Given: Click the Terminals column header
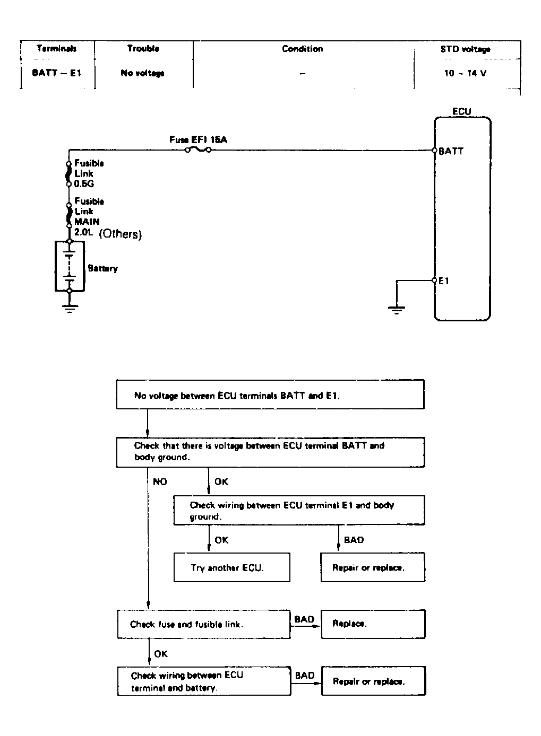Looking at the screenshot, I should pyautogui.click(x=57, y=49).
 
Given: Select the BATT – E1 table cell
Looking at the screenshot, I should pyautogui.click(x=57, y=73).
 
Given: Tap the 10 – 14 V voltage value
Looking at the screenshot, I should pyautogui.click(x=465, y=73).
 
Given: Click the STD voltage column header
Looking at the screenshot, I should pyautogui.click(x=465, y=49).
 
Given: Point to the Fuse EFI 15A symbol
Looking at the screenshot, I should pyautogui.click(x=197, y=150).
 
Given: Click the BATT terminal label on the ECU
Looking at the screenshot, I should pyautogui.click(x=451, y=151).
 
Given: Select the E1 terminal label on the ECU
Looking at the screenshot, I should pyautogui.click(x=444, y=281).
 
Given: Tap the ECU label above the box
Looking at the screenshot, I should pyautogui.click(x=461, y=111).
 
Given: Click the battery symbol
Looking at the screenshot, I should pyautogui.click(x=70, y=266).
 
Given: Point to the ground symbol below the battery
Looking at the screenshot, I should pyautogui.click(x=69, y=308).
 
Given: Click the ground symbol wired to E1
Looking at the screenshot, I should pyautogui.click(x=397, y=309).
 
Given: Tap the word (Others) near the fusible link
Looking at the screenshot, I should pyautogui.click(x=121, y=234).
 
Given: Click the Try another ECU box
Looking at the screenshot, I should pyautogui.click(x=232, y=567).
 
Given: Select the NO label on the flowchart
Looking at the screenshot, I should pyautogui.click(x=160, y=481).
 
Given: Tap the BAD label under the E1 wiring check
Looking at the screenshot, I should pyautogui.click(x=354, y=540).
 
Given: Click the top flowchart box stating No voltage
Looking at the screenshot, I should pyautogui.click(x=270, y=395).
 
